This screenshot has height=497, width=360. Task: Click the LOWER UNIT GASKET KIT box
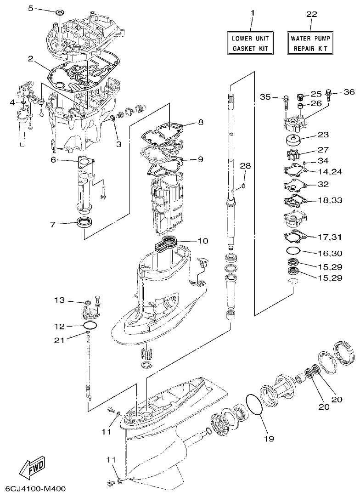(251, 43)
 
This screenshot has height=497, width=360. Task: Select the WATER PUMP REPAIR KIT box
(311, 43)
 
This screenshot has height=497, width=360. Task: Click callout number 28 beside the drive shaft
(246, 165)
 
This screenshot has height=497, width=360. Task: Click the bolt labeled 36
(329, 95)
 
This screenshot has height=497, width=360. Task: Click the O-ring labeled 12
(90, 326)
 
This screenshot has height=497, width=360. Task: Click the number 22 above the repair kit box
(311, 15)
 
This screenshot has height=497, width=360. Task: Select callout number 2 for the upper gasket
(31, 59)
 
